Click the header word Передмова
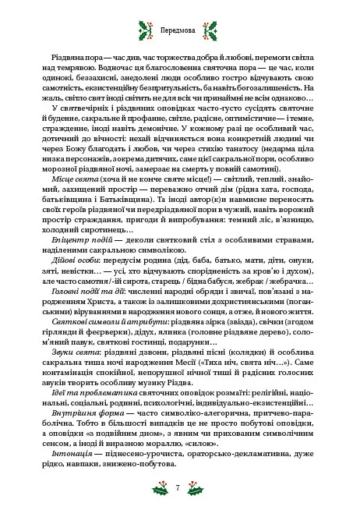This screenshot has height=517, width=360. [180, 34]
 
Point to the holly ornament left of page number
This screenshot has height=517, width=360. [157, 488]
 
